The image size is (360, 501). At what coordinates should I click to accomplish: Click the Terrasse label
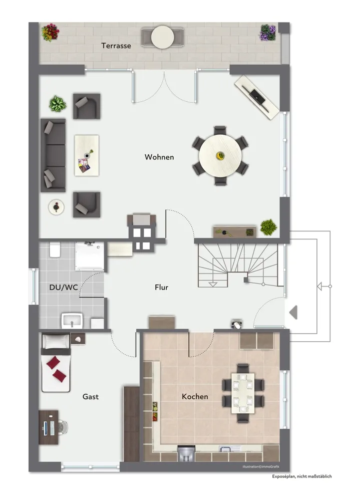pos(116,46)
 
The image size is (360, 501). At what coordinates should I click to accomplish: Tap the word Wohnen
pos(159,157)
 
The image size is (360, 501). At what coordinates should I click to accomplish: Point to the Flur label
pos(161,287)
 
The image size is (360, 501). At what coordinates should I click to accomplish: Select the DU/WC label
pos(63,287)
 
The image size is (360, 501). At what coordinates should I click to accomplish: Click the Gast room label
pos(91,396)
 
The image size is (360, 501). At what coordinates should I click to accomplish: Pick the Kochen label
pos(195,396)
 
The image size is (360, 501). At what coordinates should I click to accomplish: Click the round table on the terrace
pos(163,37)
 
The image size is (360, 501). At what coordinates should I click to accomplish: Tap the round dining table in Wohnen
pos(220,156)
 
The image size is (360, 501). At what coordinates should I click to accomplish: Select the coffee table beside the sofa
pos(87,155)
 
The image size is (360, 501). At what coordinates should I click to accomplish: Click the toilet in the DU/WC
pos(55,249)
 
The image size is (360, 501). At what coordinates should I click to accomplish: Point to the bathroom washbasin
pos(72,321)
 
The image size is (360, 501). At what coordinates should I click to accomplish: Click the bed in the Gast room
pos(56,363)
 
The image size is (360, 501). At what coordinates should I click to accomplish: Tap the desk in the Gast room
pos(49,427)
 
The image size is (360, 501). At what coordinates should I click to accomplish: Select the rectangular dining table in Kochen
pos(243,393)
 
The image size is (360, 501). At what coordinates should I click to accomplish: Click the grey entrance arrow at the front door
pos(293,312)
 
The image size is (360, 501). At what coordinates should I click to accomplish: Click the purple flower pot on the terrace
pos(268,33)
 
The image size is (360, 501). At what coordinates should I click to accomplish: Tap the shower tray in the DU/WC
pos(90,256)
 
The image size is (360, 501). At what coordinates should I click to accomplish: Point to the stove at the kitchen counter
pos(186,454)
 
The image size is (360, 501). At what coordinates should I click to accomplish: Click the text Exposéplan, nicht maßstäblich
pos(302,476)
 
